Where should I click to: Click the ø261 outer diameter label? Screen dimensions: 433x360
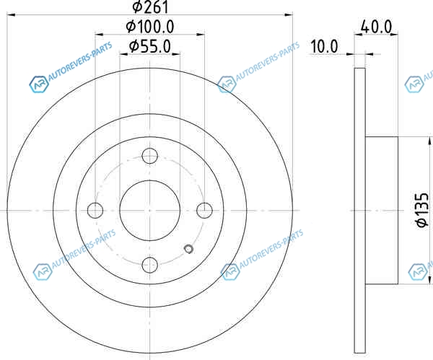coord(151,6)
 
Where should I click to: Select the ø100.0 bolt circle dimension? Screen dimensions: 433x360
coord(150,27)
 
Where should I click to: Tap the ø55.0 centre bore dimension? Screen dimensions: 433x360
coord(150,46)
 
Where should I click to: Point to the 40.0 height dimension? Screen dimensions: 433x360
coord(377,27)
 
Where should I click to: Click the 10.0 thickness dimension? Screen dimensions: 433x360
coord(324,46)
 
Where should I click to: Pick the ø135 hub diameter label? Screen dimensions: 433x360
coord(422,210)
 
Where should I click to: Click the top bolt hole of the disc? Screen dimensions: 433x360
coord(149,156)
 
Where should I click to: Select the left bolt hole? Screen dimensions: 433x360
coord(95,211)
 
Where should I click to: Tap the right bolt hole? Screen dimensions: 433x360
coord(204,211)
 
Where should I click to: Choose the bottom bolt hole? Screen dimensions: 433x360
coord(149,265)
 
